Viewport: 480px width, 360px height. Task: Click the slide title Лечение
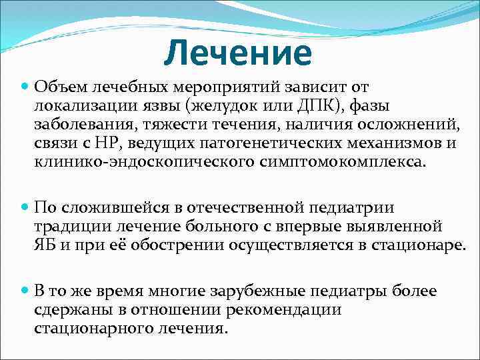click(237, 53)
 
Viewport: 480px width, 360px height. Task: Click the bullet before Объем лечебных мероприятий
click(25, 87)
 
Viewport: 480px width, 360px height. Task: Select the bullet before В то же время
click(25, 291)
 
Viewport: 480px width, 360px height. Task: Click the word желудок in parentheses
click(223, 105)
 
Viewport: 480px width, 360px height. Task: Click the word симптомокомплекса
click(320, 161)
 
